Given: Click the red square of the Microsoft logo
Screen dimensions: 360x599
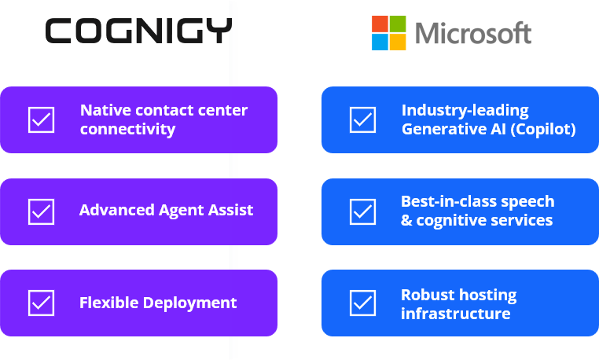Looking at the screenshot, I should (380, 24).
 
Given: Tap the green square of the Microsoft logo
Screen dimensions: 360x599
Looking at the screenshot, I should (398, 24).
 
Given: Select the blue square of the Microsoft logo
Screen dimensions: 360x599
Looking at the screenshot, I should (380, 42).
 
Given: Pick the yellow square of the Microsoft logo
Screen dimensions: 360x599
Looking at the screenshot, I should (398, 42).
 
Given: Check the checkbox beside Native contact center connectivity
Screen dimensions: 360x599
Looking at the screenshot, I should (41, 119).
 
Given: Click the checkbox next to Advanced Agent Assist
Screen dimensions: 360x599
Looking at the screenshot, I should (41, 211).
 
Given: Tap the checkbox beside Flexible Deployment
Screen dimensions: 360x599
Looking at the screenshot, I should (41, 303).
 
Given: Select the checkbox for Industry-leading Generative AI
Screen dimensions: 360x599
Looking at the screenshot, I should (362, 119).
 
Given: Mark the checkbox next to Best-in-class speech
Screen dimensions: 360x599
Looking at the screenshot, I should (362, 211).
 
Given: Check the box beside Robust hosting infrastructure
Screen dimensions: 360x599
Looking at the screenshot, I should (362, 303).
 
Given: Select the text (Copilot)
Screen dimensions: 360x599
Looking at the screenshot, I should (543, 129).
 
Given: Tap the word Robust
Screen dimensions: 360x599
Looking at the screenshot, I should (426, 295).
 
